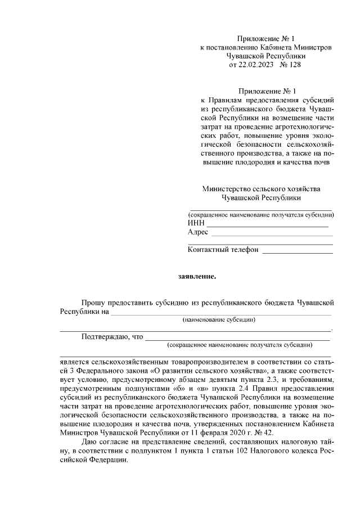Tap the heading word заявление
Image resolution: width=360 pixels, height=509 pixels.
point(197,276)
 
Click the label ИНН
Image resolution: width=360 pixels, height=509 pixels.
point(195,223)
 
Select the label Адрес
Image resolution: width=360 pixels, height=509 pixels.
point(198,232)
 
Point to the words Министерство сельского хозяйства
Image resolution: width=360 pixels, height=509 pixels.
point(264,188)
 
